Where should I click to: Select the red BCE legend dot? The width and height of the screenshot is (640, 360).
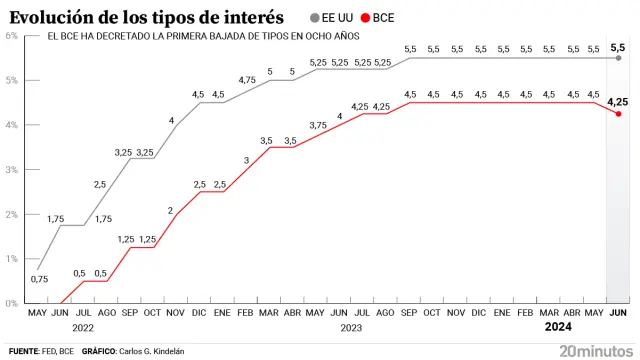(x=365, y=17)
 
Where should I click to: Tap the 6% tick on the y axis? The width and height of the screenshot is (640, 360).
(x=11, y=36)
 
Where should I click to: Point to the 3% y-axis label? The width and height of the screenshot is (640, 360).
(x=11, y=169)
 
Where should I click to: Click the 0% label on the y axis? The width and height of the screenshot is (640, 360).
(x=11, y=302)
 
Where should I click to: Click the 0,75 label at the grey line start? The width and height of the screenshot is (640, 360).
(x=39, y=279)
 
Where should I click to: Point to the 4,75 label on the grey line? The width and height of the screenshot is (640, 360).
(x=247, y=80)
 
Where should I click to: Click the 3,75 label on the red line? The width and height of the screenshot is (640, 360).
(x=318, y=124)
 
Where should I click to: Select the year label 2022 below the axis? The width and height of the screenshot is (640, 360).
(x=83, y=327)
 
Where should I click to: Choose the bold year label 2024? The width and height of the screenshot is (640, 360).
(x=559, y=327)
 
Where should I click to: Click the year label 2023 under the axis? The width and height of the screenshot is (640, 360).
(x=351, y=327)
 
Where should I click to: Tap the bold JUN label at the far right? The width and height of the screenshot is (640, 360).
(x=618, y=313)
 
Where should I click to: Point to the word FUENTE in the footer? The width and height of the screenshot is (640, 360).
(x=23, y=351)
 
